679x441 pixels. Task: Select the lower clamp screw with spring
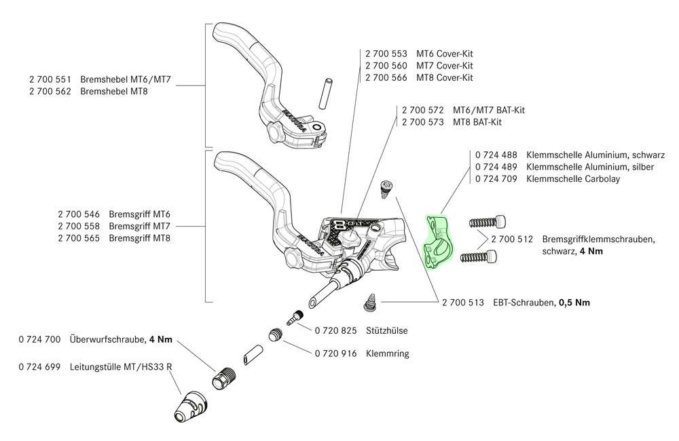pyautogui.click(x=480, y=256)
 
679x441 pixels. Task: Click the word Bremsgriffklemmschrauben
pyautogui.click(x=598, y=239)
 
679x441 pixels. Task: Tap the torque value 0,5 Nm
pyautogui.click(x=574, y=303)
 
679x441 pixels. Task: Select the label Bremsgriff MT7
pyautogui.click(x=139, y=225)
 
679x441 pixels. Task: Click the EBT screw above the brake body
pyautogui.click(x=386, y=187)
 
